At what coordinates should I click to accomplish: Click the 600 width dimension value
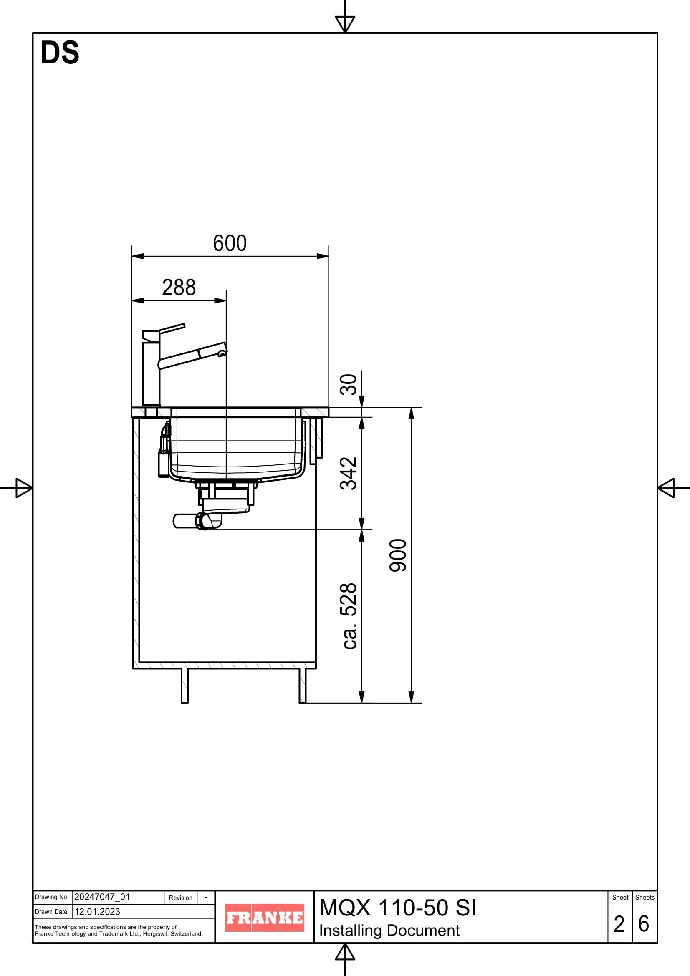pos(230,243)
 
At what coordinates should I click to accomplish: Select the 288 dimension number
pos(179,288)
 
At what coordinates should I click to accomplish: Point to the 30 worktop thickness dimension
pos(349,384)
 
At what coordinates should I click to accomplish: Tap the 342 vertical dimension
pos(349,473)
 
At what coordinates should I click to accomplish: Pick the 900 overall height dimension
pos(398,555)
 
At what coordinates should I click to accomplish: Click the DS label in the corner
pos(60,53)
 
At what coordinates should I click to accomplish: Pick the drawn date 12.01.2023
pos(97,911)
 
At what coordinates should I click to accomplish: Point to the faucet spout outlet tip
pos(222,353)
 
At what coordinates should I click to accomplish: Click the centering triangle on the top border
pos(345,23)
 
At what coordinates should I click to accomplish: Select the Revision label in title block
pos(180,898)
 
